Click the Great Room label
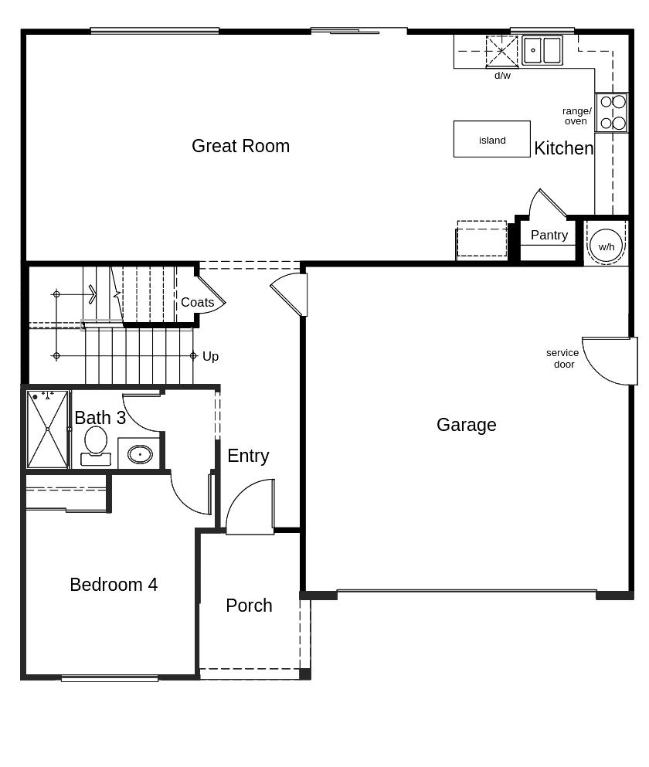pyautogui.click(x=240, y=146)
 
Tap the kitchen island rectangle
pyautogui.click(x=491, y=139)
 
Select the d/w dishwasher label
pyautogui.click(x=502, y=76)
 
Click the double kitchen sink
pyautogui.click(x=542, y=50)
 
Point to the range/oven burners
pyautogui.click(x=611, y=113)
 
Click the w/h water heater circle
pyautogui.click(x=606, y=246)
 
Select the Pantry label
pyautogui.click(x=549, y=235)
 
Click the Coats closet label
pyautogui.click(x=197, y=302)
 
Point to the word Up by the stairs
pyautogui.click(x=210, y=356)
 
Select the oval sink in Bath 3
pyautogui.click(x=140, y=454)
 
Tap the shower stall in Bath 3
pyautogui.click(x=47, y=429)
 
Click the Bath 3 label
pyautogui.click(x=100, y=418)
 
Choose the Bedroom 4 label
pyautogui.click(x=114, y=585)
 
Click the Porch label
pyautogui.click(x=249, y=606)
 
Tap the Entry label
pyautogui.click(x=248, y=456)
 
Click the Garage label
pyautogui.click(x=466, y=425)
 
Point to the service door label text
pyautogui.click(x=562, y=358)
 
